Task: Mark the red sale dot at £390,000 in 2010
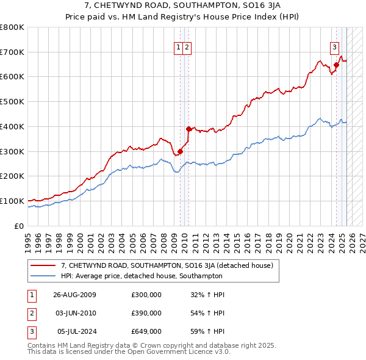[x=188, y=129]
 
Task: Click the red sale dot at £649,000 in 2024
[x=336, y=65]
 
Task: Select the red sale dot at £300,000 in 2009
[x=180, y=151]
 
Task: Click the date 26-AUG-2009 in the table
[x=75, y=295]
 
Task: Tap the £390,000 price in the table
[x=146, y=313]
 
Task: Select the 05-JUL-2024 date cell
[x=75, y=331]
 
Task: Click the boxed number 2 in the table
[x=31, y=313]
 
